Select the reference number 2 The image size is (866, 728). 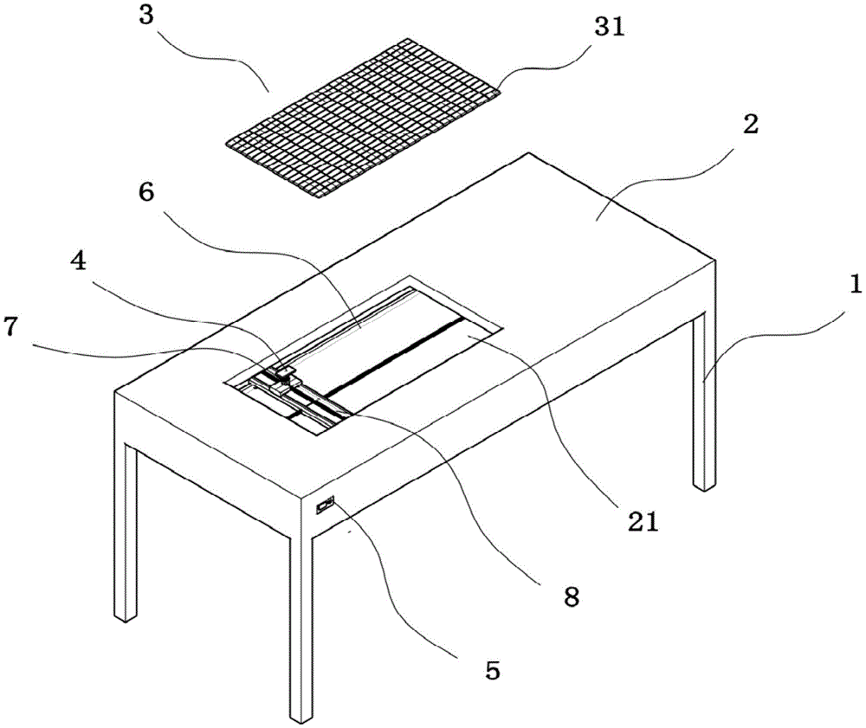pos(749,124)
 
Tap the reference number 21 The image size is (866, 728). pos(642,521)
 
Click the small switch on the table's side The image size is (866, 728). pos(325,504)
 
